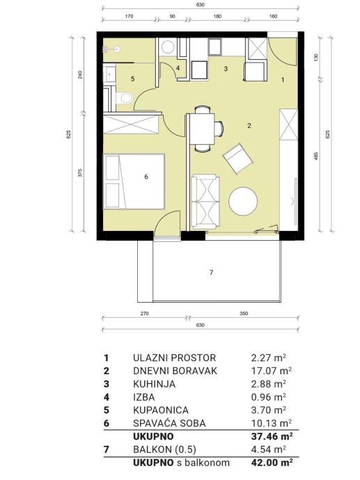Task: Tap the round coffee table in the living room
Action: coord(243,201)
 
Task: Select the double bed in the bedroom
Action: coord(134,182)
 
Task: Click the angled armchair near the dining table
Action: coord(237,159)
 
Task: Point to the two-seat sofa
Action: coord(205,202)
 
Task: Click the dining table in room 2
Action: coord(202,129)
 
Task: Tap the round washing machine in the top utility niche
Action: coord(168,47)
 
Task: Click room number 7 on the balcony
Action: coord(211,272)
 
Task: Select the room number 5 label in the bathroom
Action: coord(133,79)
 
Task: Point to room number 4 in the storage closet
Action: coord(178,68)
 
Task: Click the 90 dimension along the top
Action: coord(173,16)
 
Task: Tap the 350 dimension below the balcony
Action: coord(244,314)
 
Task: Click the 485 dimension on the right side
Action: coord(317,157)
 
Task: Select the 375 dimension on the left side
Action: coord(80,173)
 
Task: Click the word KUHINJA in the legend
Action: coord(154,384)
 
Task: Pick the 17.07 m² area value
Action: coord(271,371)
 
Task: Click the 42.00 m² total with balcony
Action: coord(272,462)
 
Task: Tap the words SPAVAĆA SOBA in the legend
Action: coord(169,423)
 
